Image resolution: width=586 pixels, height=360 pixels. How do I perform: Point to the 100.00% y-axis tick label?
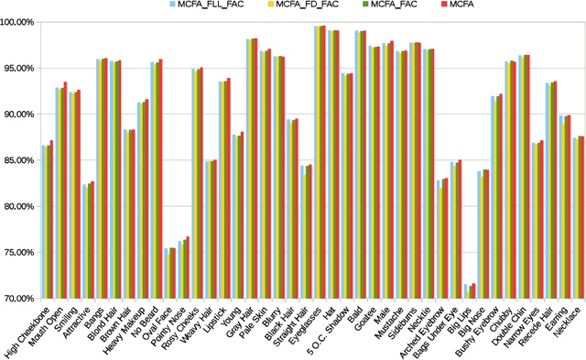pos(17,22)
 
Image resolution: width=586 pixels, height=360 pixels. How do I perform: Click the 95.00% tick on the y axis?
pos(19,69)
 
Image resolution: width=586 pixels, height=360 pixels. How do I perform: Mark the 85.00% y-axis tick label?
pos(19,160)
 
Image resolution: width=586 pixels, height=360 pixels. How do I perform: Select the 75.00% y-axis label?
pos(19,253)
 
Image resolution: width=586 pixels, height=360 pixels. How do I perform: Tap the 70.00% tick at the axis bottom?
pos(19,299)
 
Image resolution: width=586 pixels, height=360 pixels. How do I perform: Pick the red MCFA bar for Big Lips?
pos(473,290)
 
